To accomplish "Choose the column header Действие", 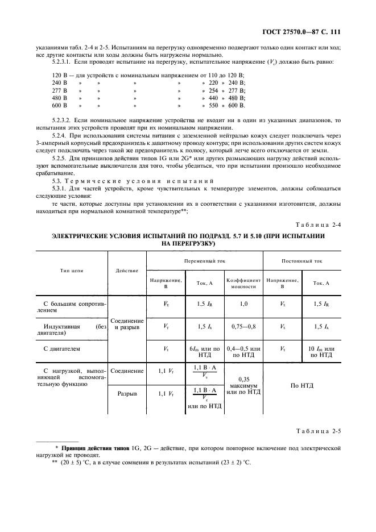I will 127,271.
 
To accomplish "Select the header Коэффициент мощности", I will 243,283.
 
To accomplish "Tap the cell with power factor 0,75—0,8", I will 243,326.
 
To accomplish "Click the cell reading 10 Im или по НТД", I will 321,351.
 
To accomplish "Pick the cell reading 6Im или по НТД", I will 204,351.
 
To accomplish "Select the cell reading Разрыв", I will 127,393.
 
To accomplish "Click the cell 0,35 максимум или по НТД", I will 243,385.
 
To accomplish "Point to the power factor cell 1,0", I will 243,304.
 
